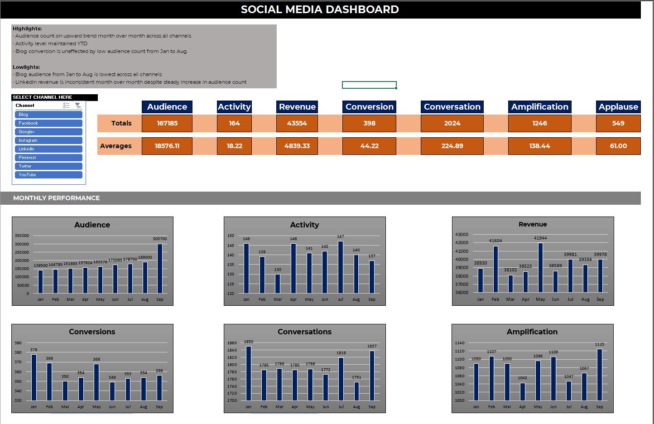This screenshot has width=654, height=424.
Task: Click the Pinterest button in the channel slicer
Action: click(48, 158)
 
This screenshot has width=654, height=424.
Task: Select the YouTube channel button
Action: click(48, 175)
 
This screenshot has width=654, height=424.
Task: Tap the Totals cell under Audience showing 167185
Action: click(167, 123)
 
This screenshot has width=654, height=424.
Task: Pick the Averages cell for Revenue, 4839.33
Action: click(297, 146)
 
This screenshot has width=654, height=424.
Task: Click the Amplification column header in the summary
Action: click(539, 107)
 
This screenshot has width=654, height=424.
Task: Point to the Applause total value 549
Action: click(618, 123)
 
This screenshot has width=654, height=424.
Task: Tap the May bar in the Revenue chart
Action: click(540, 268)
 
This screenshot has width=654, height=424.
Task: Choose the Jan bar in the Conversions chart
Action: click(34, 377)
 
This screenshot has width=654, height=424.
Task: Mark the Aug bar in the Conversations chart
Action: click(356, 391)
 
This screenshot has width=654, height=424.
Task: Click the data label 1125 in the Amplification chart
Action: click(600, 344)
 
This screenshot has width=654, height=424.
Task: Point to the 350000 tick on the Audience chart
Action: click(22, 236)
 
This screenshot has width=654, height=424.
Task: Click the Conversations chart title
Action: click(304, 332)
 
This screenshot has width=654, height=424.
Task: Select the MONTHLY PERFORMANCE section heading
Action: click(56, 198)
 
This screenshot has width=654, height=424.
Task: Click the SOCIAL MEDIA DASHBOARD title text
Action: click(320, 10)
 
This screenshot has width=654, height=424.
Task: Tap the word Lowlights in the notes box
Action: click(26, 67)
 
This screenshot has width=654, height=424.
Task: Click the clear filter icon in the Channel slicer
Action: click(78, 106)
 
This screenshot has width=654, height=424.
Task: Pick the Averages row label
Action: click(116, 146)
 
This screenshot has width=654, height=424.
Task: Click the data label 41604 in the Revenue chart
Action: click(495, 241)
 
